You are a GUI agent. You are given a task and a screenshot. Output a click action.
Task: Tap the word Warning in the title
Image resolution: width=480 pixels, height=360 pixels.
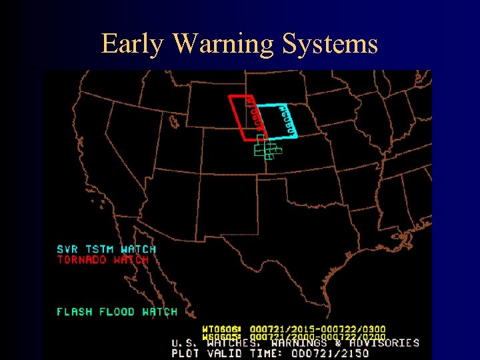224,44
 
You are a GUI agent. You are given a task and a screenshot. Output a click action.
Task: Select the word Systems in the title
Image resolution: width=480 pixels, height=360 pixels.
330,44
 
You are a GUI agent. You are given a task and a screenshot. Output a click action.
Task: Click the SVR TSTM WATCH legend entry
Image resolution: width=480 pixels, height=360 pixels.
106,249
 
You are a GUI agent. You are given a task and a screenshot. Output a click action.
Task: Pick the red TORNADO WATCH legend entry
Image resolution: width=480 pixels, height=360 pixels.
103,259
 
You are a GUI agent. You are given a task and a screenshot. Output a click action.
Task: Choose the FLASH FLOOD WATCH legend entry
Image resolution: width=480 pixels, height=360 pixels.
117,311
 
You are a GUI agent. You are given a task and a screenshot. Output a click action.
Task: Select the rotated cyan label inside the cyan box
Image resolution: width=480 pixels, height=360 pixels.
282,116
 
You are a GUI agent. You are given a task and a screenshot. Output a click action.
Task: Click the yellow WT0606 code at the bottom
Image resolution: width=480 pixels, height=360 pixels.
219,329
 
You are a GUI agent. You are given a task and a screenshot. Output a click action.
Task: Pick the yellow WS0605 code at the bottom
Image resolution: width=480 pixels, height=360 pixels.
219,337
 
